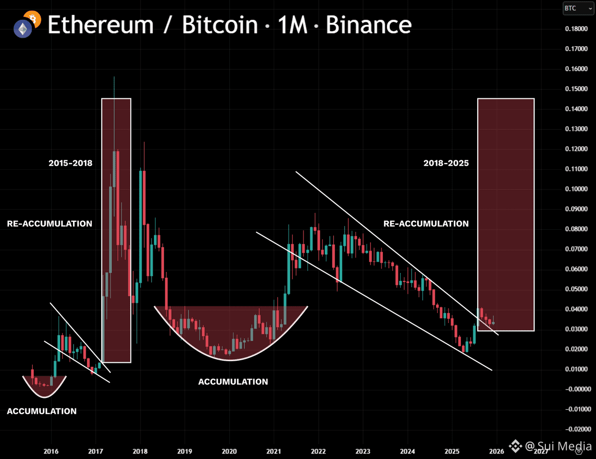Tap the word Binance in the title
[x=369, y=25]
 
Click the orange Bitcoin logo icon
[x=33, y=18]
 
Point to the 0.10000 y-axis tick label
[x=577, y=189]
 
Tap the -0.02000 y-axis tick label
[x=576, y=429]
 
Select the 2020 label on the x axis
[x=229, y=451]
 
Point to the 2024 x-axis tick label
[x=407, y=451]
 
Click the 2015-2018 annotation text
[x=71, y=163]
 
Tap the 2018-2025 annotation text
[x=446, y=163]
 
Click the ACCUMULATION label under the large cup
[x=233, y=382]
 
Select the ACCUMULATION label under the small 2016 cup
[x=42, y=411]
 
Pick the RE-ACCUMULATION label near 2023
[x=426, y=224]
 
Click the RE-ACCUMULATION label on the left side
[x=50, y=224]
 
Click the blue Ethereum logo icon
[x=23, y=30]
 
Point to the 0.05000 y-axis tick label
[x=577, y=289]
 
